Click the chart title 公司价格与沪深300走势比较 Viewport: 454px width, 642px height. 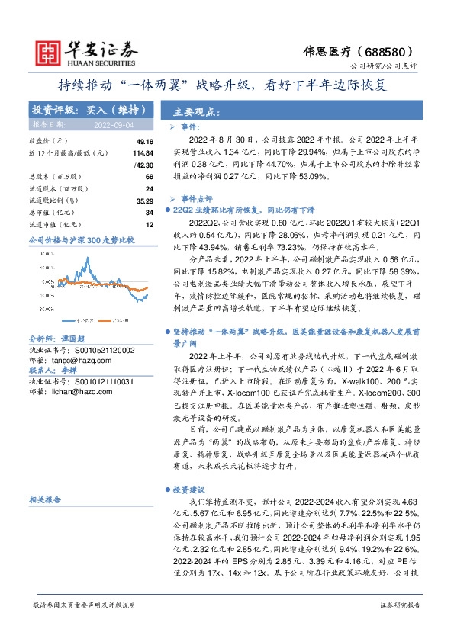pyautogui.click(x=81, y=239)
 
